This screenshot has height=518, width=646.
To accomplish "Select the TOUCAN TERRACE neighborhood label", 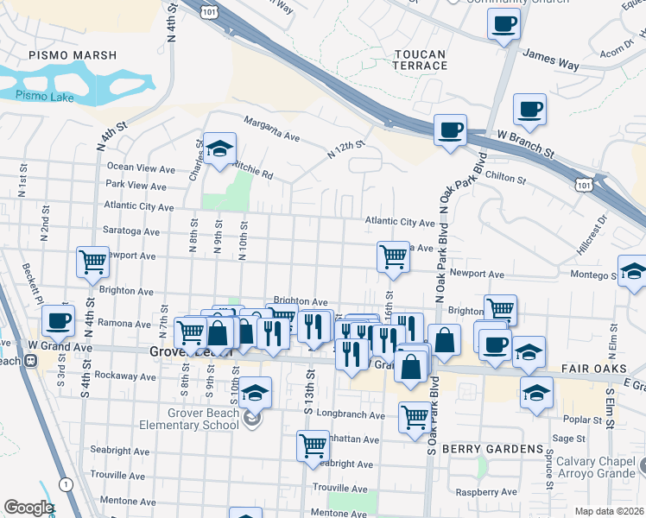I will point(420,60).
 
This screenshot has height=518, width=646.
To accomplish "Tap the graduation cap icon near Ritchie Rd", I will point(219,148).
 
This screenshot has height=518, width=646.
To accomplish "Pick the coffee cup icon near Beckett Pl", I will point(58,320).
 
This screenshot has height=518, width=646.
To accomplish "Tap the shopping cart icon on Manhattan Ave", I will point(313,446).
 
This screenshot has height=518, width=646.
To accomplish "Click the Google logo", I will point(28,508).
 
